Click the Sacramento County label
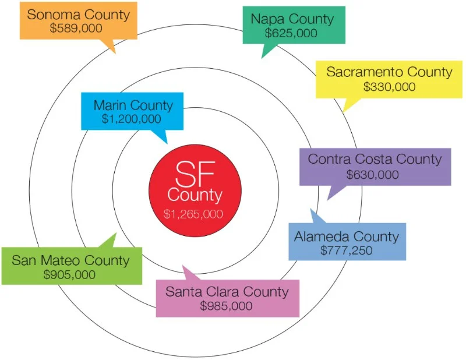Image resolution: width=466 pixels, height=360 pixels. tap(389, 72)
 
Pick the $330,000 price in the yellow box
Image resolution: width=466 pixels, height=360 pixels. tap(389, 87)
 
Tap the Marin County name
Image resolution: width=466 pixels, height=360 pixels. tap(133, 105)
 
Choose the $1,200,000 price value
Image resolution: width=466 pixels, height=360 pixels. tap(133, 119)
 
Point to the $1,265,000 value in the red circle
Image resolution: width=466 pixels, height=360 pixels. tap(193, 214)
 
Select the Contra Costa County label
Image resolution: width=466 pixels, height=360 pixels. tap(375, 159)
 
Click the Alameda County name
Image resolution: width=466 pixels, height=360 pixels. tap(347, 237)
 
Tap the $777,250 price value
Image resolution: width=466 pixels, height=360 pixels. tap(347, 251)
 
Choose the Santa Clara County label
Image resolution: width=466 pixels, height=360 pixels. tap(227, 291)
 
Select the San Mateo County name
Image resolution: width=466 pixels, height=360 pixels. tap(70, 260)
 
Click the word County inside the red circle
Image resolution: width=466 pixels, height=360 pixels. tap(195, 195)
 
